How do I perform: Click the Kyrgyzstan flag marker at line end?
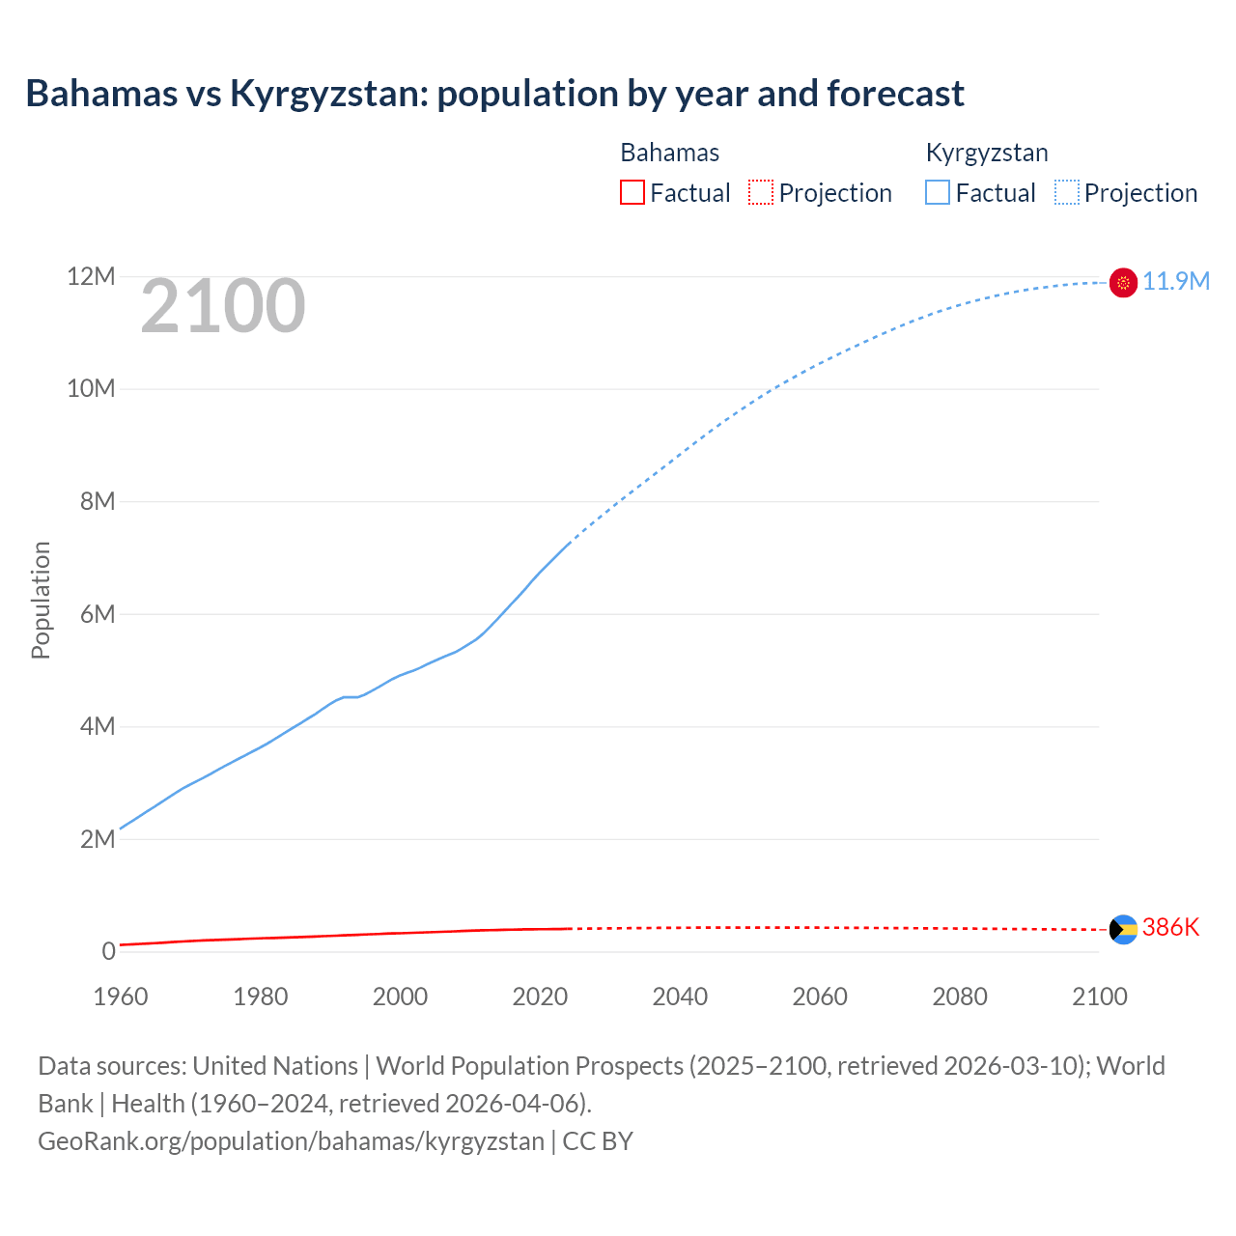coord(1123,282)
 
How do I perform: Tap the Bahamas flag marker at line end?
coord(1123,929)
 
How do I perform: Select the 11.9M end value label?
coord(1176,281)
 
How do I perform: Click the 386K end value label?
coord(1170,927)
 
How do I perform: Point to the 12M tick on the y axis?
coord(91,277)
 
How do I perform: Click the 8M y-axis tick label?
coord(97,501)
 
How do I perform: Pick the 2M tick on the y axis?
coord(97,839)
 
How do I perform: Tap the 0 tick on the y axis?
coord(108,951)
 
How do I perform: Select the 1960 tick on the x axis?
coord(121,997)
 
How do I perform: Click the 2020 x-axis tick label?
coord(540,997)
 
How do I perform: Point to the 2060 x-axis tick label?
coord(820,997)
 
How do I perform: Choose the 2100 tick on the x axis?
coord(1099,997)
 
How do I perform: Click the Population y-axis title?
coord(41,600)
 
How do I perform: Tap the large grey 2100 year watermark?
coord(223,306)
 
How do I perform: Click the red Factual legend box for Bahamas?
coord(632,193)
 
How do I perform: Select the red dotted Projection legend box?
coord(761,193)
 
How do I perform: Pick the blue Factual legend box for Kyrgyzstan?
coord(938,193)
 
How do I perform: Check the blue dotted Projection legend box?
coord(1067,193)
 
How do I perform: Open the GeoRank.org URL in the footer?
coord(291,1140)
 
